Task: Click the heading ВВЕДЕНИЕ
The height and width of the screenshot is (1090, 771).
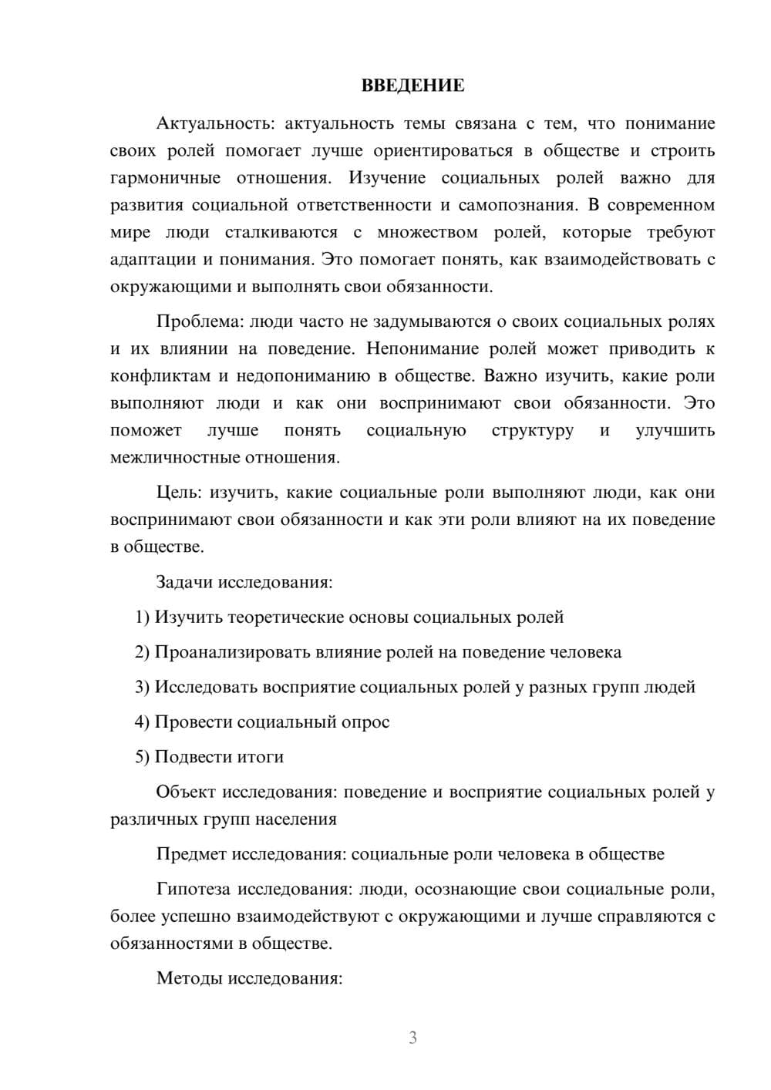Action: (x=412, y=86)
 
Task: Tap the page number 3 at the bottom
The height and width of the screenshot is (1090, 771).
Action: (x=412, y=1038)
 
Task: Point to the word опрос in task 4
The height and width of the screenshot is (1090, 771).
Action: (x=365, y=722)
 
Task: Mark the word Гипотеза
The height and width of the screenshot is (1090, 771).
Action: (x=193, y=890)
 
